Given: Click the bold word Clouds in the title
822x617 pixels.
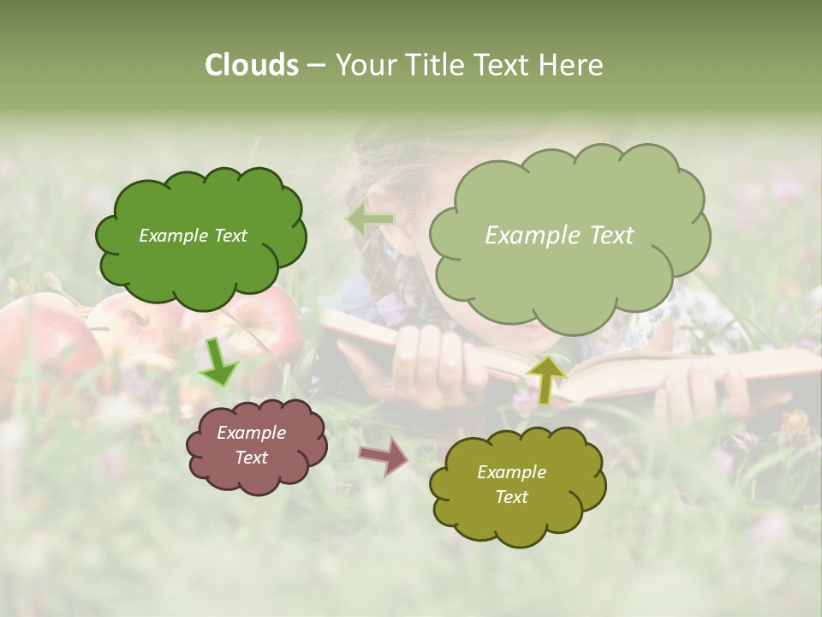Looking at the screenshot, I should tap(252, 65).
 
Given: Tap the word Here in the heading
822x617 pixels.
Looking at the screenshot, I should tap(573, 65).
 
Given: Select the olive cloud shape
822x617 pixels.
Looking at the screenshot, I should tap(514, 523).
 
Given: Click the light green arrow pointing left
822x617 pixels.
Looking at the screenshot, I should tap(371, 220).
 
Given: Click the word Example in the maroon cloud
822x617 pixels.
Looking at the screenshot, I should tap(251, 433).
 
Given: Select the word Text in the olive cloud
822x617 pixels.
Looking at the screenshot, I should tap(511, 497).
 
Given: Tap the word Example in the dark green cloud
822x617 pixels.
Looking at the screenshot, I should tap(174, 236).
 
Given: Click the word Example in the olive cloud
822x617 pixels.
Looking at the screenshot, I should tap(511, 472).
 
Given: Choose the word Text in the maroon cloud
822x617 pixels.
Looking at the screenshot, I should tap(251, 458).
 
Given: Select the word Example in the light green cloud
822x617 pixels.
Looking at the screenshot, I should tap(533, 235).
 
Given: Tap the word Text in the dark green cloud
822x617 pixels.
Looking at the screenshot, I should tap(229, 236).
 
